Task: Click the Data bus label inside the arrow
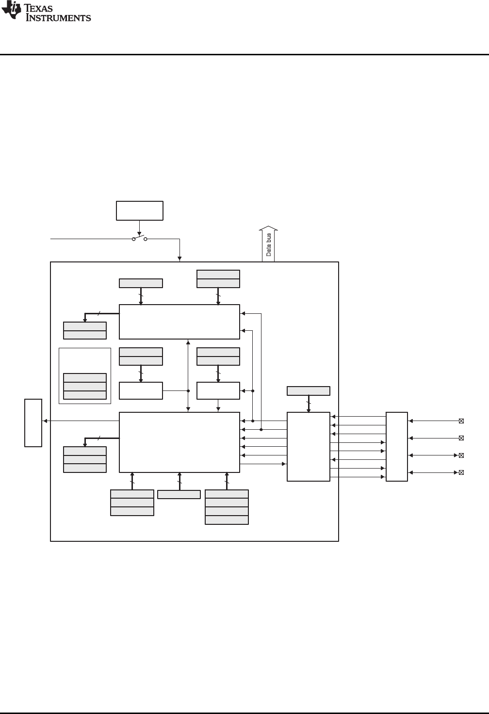(x=268, y=245)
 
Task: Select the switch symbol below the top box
(x=139, y=239)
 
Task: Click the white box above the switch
(x=140, y=211)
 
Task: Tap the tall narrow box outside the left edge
(x=33, y=422)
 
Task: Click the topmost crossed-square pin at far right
(x=461, y=421)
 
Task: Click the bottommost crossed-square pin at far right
(x=461, y=472)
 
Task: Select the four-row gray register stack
(x=227, y=507)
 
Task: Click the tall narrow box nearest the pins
(x=397, y=447)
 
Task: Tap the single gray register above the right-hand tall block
(x=309, y=391)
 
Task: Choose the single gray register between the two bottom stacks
(x=179, y=494)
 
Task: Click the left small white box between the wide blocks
(x=141, y=390)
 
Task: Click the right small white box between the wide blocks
(x=218, y=390)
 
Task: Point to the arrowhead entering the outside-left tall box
(x=45, y=421)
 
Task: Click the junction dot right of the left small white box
(x=188, y=390)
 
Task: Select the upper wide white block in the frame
(x=179, y=322)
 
